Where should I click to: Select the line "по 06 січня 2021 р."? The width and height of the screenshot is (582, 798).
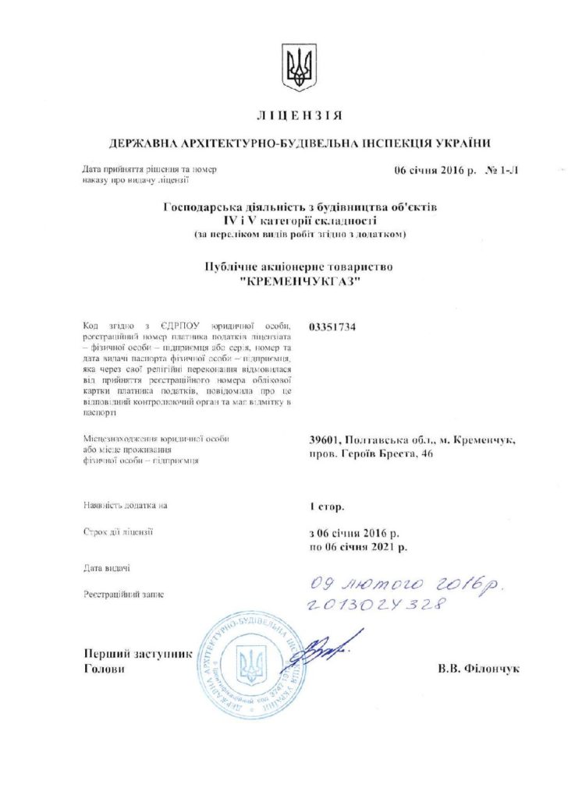[x=358, y=547]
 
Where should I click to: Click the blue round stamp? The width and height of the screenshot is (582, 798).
[x=252, y=666]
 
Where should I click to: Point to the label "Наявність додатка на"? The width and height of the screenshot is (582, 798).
[x=125, y=506]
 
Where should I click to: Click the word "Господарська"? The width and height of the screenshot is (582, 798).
[x=198, y=208]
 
